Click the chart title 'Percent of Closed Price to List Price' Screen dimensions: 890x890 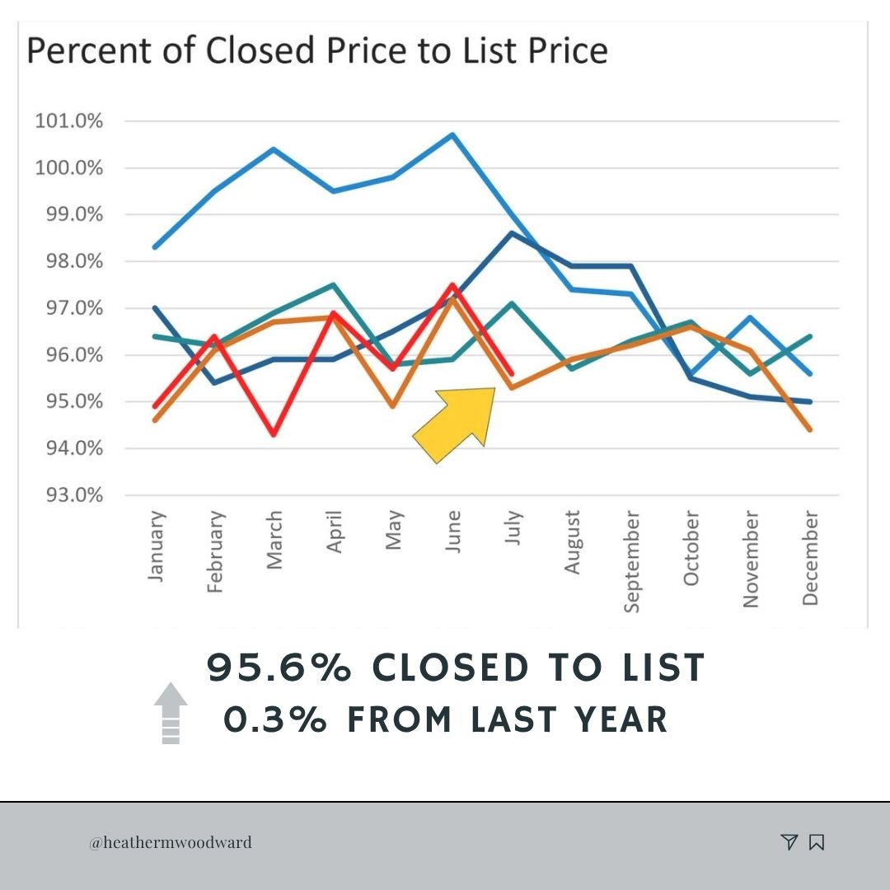317,50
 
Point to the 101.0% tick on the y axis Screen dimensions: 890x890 68,121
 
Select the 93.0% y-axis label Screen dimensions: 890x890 74,495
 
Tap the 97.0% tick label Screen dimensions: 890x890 74,308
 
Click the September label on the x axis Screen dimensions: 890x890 631,561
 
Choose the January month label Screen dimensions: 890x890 156,546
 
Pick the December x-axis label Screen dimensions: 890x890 810,558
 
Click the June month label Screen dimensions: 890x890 453,532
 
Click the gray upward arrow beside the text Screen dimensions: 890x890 171,712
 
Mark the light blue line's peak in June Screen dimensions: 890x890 452,134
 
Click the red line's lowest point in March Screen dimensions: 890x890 274,434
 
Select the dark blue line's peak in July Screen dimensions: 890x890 512,232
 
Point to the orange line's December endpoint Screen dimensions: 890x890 810,429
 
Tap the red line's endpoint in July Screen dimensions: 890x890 512,373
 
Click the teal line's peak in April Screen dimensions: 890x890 334,285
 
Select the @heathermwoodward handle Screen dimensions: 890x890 171,842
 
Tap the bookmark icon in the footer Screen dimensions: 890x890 817,842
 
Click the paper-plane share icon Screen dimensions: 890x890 789,841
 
